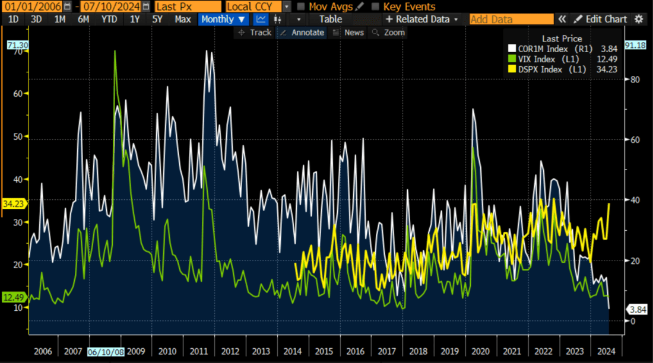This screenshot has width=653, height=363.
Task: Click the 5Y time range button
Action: [157, 19]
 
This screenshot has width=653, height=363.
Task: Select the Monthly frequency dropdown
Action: [223, 19]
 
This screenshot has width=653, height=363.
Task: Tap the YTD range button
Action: [109, 19]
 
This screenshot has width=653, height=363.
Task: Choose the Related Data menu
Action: [422, 19]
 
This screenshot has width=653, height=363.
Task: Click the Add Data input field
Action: [511, 19]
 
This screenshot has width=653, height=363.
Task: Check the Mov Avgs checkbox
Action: [302, 7]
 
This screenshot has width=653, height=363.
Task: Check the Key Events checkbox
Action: [375, 7]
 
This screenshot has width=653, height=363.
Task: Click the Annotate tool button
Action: [302, 33]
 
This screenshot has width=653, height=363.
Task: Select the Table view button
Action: [331, 19]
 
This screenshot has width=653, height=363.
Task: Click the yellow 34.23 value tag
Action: [12, 203]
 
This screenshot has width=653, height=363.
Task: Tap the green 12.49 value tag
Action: [12, 297]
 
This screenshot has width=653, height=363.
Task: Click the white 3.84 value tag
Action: [637, 309]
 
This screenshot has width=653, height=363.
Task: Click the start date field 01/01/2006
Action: [31, 7]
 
